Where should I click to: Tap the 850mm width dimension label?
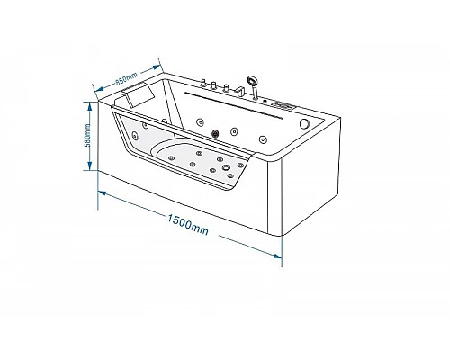pos(127,78)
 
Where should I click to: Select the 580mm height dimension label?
pos(87,135)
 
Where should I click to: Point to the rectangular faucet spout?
pos(240,91)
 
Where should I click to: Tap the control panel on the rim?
pos(283,105)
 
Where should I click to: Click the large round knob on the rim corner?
pos(304,123)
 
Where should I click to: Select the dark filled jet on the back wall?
pos(215,133)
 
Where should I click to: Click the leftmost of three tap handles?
pos(203,83)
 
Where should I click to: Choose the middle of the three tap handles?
pos(214,85)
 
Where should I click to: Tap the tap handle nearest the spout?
pos(226,88)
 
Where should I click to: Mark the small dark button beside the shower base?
pos(265,101)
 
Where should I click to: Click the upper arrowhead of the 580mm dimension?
pos(89,105)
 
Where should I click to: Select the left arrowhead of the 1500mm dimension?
pos(103,193)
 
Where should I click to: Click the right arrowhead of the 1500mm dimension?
pos(277,256)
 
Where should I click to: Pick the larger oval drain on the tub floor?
pos(226,168)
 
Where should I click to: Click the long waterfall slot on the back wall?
pos(234,105)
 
